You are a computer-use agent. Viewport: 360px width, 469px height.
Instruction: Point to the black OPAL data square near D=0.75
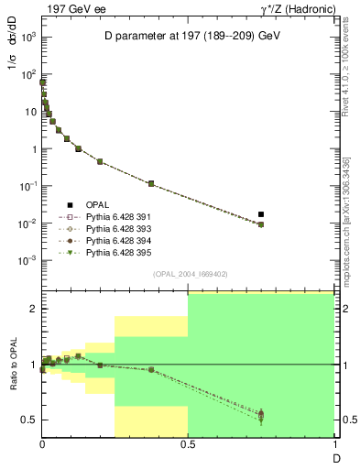click(261, 214)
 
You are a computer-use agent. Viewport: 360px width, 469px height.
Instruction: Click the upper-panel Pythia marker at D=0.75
click(261, 224)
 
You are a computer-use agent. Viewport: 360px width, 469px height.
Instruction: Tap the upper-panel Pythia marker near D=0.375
click(151, 184)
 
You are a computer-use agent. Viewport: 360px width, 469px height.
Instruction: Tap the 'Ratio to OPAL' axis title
click(14, 365)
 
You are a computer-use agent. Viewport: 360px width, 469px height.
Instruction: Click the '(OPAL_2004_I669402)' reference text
click(188, 274)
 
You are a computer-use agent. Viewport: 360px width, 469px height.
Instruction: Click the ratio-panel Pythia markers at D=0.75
click(261, 415)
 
